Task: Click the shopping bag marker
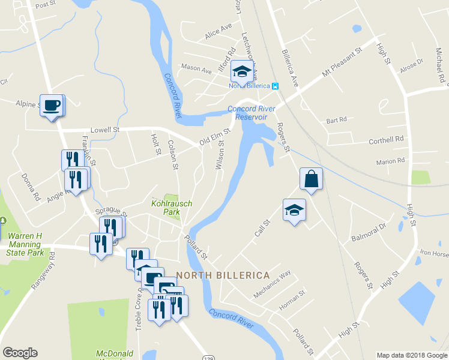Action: [x=311, y=179]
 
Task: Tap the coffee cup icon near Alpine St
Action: [x=52, y=105]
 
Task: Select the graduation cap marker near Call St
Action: [x=294, y=211]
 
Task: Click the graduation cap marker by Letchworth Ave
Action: [x=242, y=72]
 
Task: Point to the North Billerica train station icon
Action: [x=275, y=86]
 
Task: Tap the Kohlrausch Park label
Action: [x=171, y=208]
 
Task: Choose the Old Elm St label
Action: [x=215, y=137]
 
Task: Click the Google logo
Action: [x=20, y=353]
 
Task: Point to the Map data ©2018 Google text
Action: [x=411, y=355]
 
